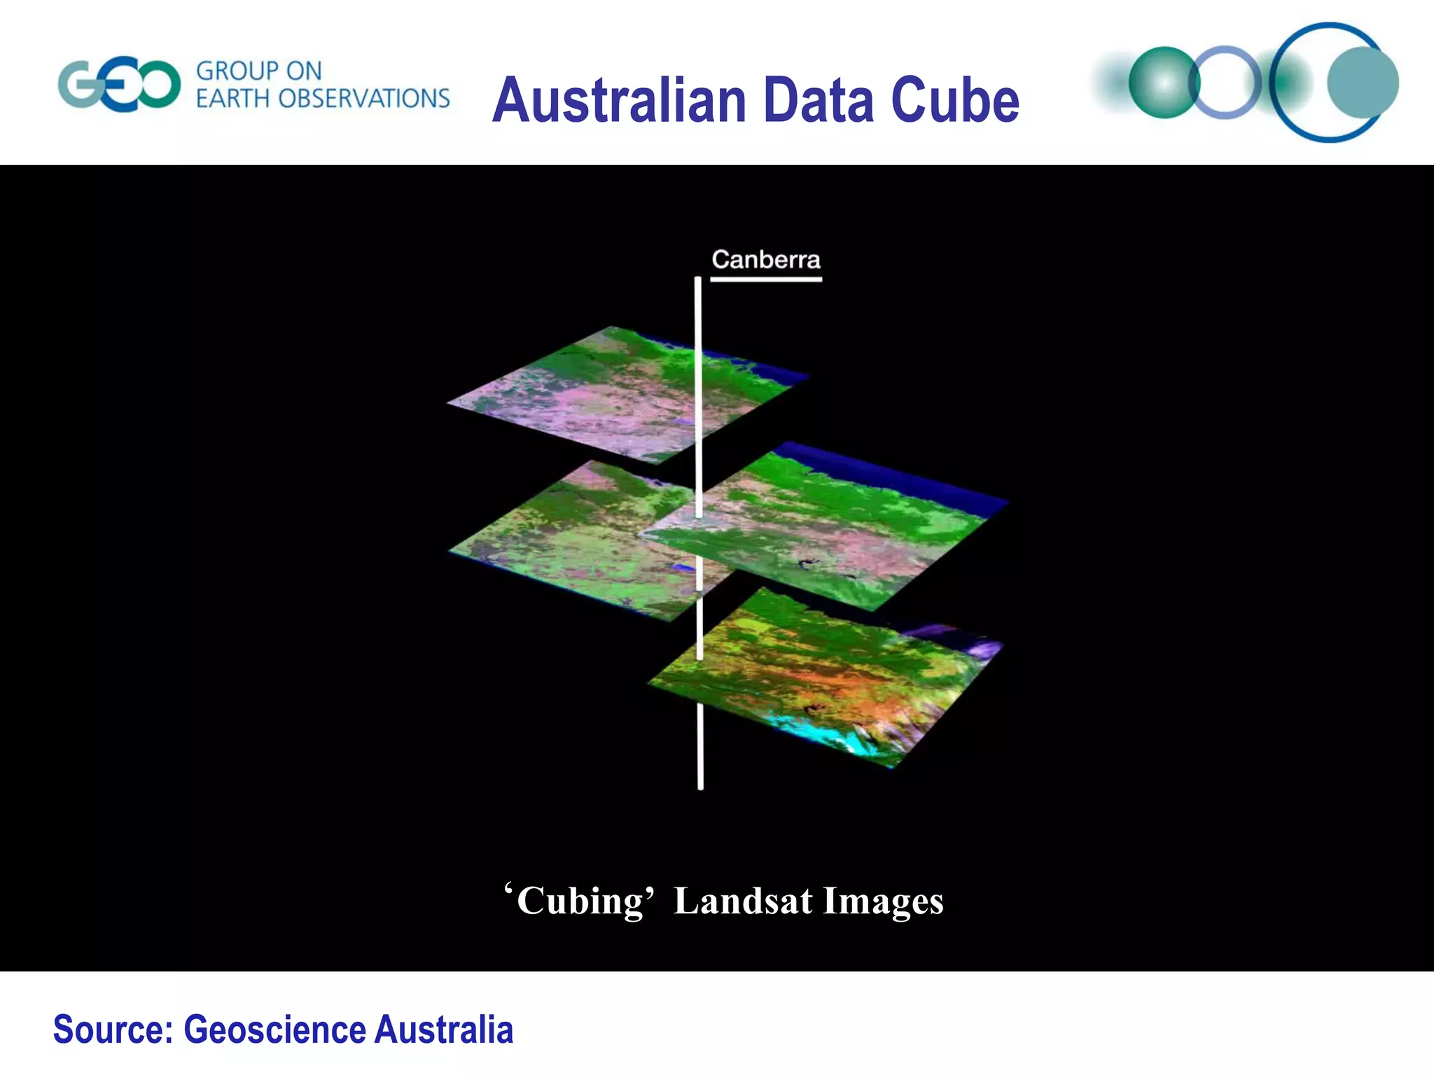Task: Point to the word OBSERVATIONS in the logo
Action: click(x=363, y=99)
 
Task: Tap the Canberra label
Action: click(x=765, y=260)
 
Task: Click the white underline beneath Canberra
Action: click(x=765, y=279)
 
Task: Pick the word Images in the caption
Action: click(x=883, y=901)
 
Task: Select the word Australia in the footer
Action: click(x=443, y=1030)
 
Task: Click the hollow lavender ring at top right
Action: click(x=1225, y=83)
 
